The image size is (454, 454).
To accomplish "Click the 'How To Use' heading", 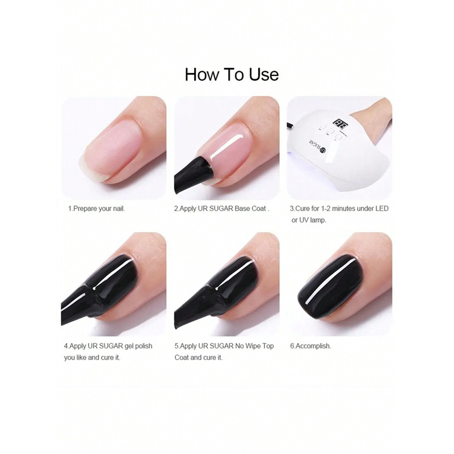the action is [232, 74].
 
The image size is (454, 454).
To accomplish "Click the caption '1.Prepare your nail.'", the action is [96, 208].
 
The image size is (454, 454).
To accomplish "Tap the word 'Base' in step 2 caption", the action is [242, 208].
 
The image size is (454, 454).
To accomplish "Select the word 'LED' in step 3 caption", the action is [382, 208].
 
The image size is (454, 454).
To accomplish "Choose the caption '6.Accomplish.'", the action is [310, 346].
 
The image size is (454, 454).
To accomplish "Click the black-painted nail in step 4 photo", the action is [119, 282].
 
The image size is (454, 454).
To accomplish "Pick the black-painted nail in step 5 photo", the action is [234, 282].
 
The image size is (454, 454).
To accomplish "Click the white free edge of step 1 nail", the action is [90, 168].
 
